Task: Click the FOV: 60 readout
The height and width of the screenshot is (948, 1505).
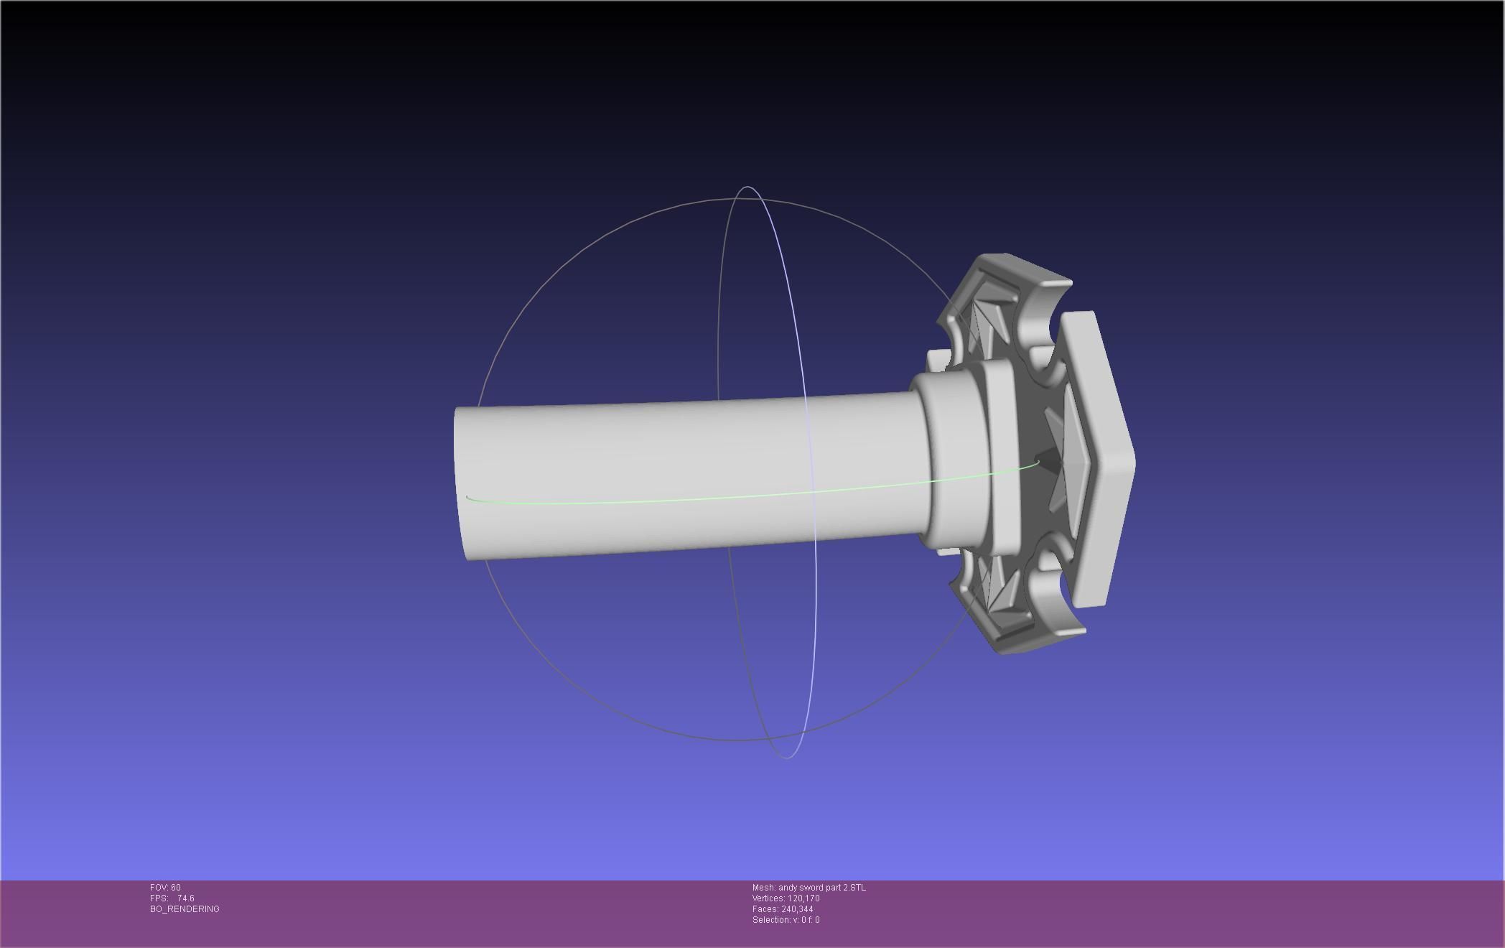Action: (165, 888)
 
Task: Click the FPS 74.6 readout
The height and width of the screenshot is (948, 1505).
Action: (172, 898)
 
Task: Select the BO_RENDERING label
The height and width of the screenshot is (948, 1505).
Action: (185, 909)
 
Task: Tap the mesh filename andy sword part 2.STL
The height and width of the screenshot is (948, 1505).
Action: (809, 888)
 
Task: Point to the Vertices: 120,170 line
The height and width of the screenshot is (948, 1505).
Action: (786, 898)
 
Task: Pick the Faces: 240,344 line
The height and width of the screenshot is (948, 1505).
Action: (783, 909)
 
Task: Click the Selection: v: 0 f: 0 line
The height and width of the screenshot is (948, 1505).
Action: (786, 920)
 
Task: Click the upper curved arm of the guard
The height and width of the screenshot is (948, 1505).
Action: (1020, 287)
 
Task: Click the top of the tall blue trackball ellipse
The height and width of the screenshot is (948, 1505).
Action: (747, 187)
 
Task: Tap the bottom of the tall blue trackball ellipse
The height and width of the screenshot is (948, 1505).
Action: (787, 757)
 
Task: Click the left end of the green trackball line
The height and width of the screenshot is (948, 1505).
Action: (467, 497)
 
